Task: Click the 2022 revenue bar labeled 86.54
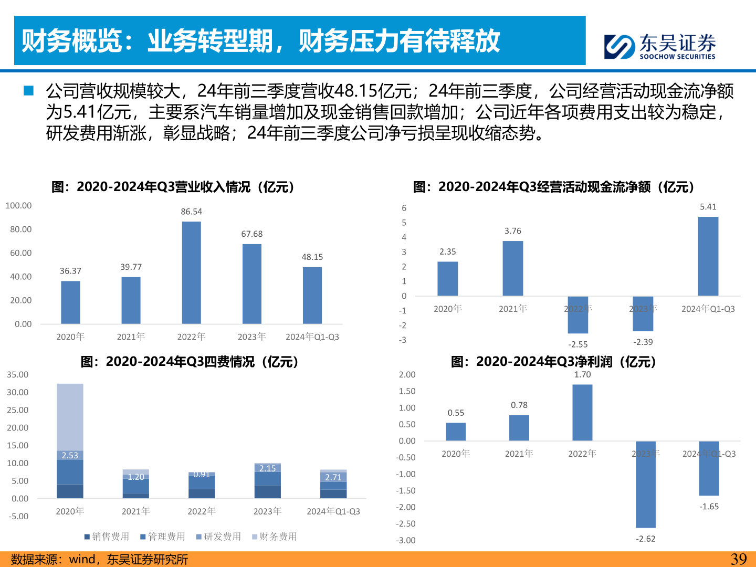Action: pos(191,272)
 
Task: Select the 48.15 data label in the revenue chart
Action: pos(312,257)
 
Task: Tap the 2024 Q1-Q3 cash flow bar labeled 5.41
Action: pos(708,256)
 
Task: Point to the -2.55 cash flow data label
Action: pos(578,344)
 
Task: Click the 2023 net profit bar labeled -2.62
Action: pos(645,484)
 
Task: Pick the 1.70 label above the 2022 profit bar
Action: pos(582,374)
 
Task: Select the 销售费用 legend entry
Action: pos(107,537)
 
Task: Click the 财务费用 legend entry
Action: pos(275,537)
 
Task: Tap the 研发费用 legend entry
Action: pos(219,537)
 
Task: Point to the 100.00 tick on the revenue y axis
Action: pos(19,206)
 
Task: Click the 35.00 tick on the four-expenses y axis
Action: pos(18,375)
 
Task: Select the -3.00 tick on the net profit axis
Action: pos(406,540)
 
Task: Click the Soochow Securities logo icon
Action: pos(619,47)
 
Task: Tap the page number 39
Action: pos(739,559)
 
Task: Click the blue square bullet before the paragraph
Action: pos(28,91)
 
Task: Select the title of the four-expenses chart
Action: pos(190,362)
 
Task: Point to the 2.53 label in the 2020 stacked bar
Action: pos(70,455)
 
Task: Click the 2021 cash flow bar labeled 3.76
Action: pos(513,268)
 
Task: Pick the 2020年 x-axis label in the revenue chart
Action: pos(70,337)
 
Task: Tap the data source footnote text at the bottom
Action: pos(99,559)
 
